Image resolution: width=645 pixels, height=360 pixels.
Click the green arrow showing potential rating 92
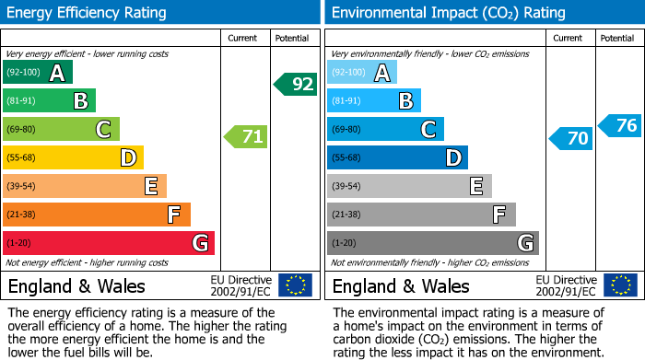click(296, 85)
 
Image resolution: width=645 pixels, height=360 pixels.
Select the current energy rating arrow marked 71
click(246, 137)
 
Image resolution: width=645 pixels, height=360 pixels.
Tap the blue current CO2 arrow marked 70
click(571, 138)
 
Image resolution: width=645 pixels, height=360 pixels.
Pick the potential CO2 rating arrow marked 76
click(620, 125)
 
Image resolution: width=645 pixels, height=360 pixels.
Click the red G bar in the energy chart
click(109, 243)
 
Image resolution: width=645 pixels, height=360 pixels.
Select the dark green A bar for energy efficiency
click(38, 73)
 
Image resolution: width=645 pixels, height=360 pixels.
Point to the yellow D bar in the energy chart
click(73, 157)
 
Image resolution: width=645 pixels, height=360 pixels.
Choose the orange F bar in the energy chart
click(97, 215)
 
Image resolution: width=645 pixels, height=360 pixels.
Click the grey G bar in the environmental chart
click(432, 243)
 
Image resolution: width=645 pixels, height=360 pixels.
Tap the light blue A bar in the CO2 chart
click(362, 73)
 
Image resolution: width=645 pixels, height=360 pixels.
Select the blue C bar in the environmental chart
click(385, 130)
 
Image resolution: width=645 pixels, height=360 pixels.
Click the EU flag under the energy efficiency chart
click(296, 285)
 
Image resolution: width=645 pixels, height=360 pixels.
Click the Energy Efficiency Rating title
click(88, 13)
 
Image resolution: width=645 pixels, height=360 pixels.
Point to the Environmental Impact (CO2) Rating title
click(448, 13)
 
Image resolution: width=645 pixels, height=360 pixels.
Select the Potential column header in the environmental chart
click(617, 38)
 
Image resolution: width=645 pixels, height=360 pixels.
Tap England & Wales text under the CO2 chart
click(401, 285)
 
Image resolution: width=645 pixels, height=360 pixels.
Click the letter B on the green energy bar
click(81, 101)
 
